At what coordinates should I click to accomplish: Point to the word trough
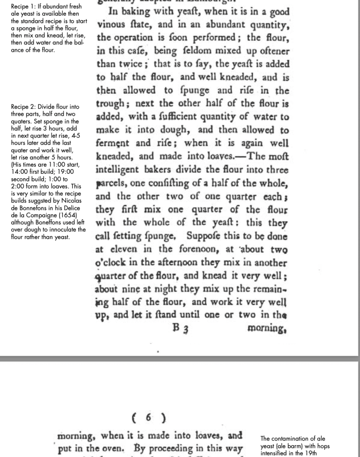click(111, 104)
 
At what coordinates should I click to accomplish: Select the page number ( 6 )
click(149, 418)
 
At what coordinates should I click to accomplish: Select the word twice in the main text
click(134, 63)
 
